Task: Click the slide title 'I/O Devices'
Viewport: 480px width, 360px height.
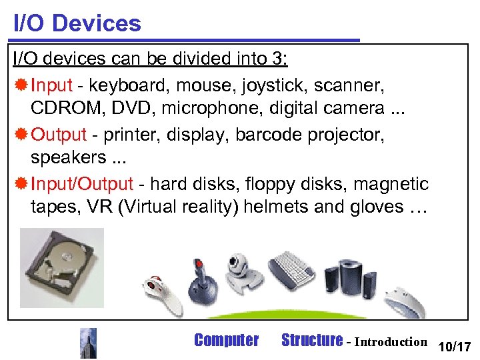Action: (x=77, y=23)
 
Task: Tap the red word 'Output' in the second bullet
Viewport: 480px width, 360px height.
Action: (x=59, y=134)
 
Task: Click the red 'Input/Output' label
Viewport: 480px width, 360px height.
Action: (x=82, y=183)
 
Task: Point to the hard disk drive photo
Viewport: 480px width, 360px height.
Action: (x=62, y=267)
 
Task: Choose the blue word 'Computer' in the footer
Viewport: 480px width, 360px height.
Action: (x=226, y=341)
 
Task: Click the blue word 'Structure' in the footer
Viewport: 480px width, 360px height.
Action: (x=312, y=341)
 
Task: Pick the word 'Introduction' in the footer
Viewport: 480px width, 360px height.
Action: (x=391, y=342)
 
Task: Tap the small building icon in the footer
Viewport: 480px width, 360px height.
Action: (x=88, y=343)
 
